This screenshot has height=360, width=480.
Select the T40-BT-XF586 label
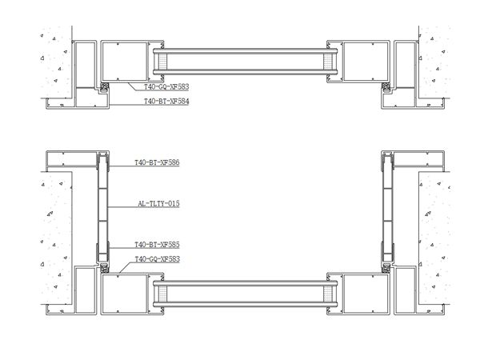click(157, 162)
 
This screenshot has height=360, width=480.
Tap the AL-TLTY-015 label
click(158, 204)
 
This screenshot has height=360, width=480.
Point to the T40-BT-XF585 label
click(157, 244)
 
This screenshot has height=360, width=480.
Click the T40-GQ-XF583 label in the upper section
click(166, 86)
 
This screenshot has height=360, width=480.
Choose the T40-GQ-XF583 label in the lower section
click(157, 259)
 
